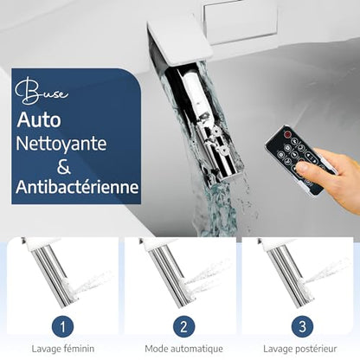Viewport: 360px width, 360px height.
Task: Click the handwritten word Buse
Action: (42, 91)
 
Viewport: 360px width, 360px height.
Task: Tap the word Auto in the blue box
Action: (39, 120)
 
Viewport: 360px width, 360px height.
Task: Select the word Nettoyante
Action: (61, 144)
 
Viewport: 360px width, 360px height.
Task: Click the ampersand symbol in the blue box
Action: (63, 166)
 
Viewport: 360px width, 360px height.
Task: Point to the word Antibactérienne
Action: (77, 187)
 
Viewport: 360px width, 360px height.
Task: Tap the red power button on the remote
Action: (287, 134)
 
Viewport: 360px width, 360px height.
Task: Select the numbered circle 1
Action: (62, 327)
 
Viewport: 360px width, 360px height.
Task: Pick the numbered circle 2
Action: (183, 327)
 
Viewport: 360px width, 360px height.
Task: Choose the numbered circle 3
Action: (302, 327)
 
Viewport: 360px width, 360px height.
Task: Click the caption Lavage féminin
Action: (63, 349)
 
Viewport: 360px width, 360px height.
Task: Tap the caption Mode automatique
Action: (183, 349)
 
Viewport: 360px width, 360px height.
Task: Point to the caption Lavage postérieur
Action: (300, 349)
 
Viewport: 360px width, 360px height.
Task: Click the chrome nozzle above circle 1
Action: (53, 273)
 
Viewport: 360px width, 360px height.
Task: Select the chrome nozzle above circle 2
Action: (170, 274)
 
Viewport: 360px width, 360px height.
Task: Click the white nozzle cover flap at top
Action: (179, 42)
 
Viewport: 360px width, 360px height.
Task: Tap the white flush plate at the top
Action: (240, 20)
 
